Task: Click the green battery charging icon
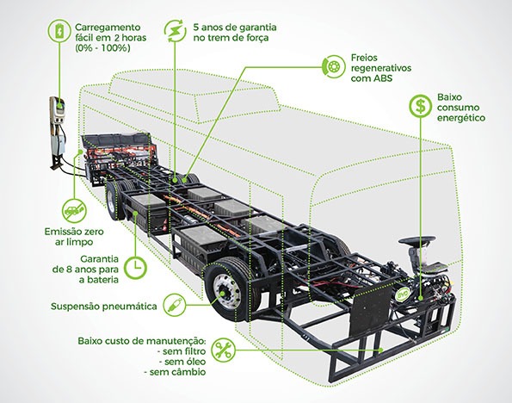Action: click(59, 31)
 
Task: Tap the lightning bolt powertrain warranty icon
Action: click(176, 31)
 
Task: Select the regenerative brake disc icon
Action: click(333, 67)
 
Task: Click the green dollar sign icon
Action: click(420, 106)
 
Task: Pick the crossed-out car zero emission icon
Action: click(74, 211)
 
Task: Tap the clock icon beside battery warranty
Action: click(136, 267)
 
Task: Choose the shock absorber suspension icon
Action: click(175, 305)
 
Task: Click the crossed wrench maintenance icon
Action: click(224, 350)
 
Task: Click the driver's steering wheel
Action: click(416, 240)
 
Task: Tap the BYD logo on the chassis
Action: click(402, 294)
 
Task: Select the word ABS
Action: click(381, 78)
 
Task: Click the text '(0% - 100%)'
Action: click(102, 48)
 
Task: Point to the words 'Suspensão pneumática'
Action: click(104, 307)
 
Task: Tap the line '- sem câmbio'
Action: click(175, 372)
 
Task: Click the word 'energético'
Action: click(460, 118)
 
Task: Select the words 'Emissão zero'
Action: click(74, 232)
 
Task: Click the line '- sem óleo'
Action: click(182, 362)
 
